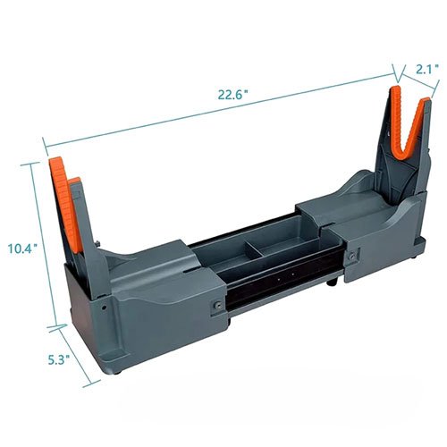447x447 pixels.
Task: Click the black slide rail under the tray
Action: click(277, 286)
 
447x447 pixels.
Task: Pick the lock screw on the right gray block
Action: click(355, 254)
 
